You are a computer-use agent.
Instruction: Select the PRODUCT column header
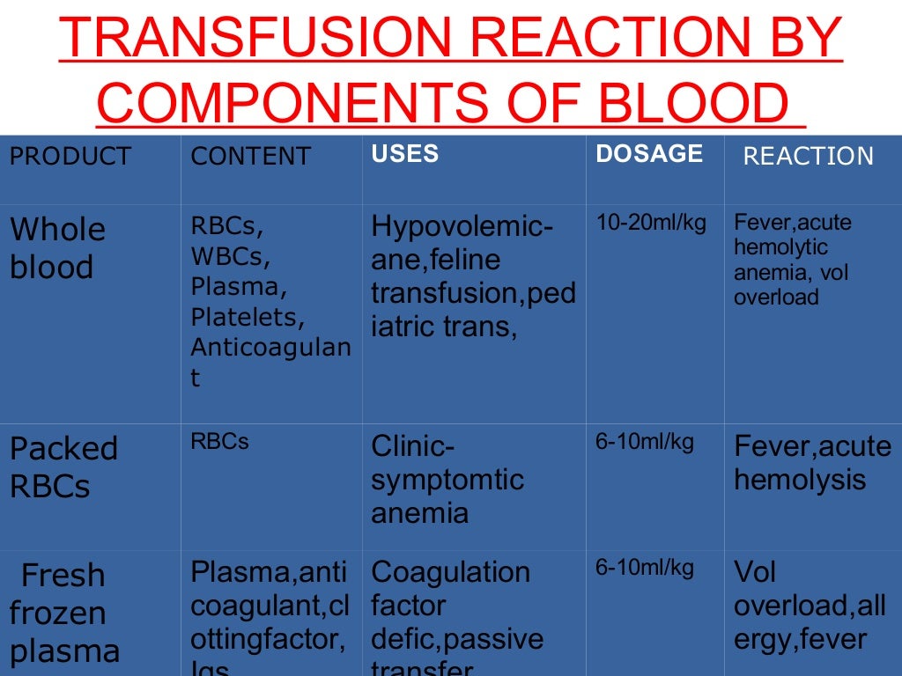point(70,156)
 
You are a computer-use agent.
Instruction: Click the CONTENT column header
point(251,157)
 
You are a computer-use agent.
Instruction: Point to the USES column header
point(404,154)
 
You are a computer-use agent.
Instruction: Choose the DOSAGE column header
point(649,154)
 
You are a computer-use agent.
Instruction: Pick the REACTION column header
point(808,157)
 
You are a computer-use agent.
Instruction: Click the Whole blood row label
point(57,248)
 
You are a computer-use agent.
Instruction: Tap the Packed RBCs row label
point(63,467)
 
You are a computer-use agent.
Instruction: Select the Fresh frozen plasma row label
point(64,614)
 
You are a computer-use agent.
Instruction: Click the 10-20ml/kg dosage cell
point(651,223)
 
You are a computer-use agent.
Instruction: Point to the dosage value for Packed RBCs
point(645,442)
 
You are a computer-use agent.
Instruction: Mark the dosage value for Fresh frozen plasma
point(645,569)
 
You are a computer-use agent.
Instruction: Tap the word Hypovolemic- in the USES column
point(462,227)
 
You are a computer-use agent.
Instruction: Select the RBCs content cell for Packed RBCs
point(219,442)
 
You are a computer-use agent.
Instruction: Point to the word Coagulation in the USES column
point(450,572)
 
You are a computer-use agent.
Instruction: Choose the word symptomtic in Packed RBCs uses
point(447,481)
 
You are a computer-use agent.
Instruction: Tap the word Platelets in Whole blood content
point(248,317)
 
